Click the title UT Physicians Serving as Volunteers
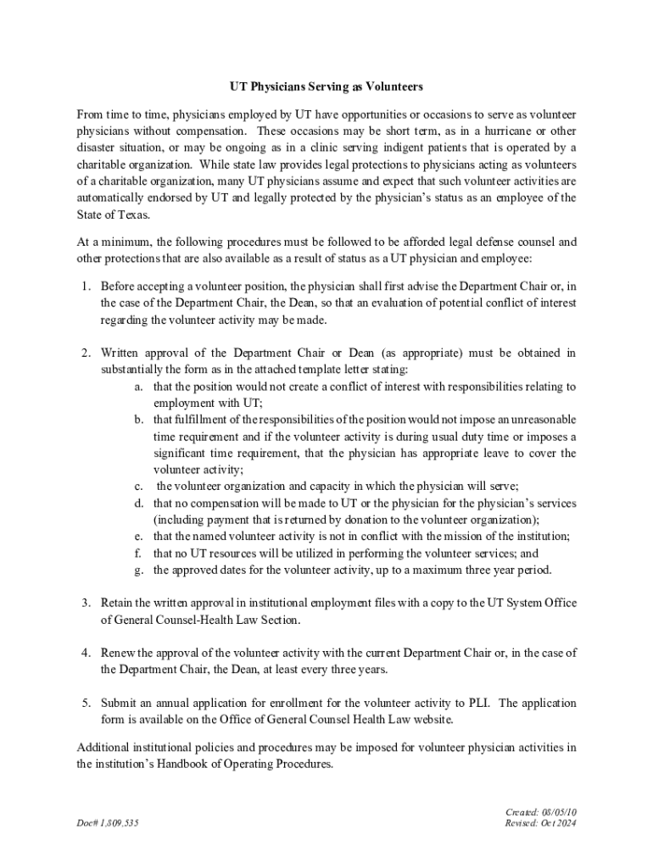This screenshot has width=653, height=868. coord(326,86)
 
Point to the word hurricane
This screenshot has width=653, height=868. coord(502,131)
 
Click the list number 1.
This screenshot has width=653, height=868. coord(87,286)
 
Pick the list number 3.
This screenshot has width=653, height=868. coord(87,603)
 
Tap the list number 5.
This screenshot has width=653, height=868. coord(87,704)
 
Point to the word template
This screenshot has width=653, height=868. coord(319,370)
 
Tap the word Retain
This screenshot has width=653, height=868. coord(118,603)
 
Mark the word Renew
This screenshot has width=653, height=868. coord(118,653)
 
